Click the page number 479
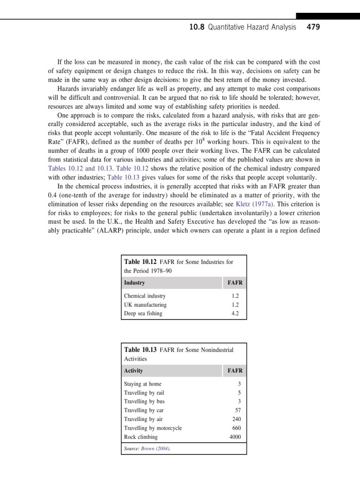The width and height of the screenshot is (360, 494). [313, 27]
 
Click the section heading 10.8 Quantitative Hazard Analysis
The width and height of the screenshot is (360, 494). [243, 27]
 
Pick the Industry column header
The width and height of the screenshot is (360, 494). [134, 283]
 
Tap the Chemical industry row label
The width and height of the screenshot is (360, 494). [145, 296]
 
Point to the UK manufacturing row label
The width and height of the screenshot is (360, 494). [146, 305]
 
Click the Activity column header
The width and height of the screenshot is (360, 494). [134, 370]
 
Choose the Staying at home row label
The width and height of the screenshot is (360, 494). [142, 384]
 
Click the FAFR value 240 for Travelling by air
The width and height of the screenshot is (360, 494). [236, 419]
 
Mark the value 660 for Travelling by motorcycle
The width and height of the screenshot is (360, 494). [236, 428]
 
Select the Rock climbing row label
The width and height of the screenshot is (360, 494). [141, 437]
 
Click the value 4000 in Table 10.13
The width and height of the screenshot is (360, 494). [235, 437]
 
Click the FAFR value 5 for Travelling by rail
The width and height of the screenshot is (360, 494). [239, 393]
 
